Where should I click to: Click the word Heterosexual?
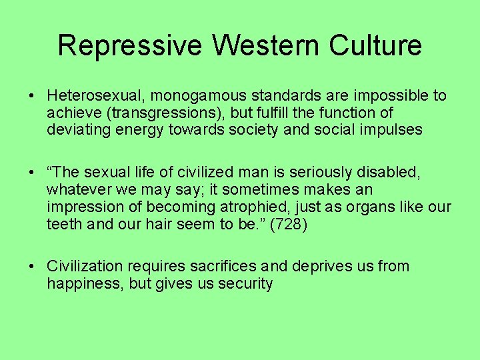[x=93, y=95]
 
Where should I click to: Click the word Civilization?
[x=85, y=266]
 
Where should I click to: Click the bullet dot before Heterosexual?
[x=32, y=96]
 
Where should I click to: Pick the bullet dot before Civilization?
[x=32, y=267]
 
